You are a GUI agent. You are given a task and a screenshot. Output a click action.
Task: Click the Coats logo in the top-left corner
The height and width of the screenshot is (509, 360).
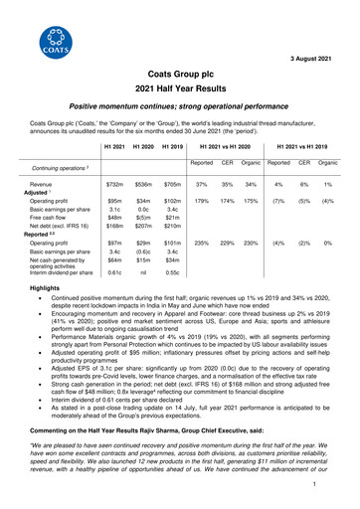[44, 43]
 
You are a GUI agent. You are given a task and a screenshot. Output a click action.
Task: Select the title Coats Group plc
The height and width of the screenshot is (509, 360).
[180, 74]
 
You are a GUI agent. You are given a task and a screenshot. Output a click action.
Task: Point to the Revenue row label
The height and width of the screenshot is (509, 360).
[41, 186]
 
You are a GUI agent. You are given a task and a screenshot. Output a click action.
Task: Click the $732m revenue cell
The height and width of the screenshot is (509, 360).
[114, 186]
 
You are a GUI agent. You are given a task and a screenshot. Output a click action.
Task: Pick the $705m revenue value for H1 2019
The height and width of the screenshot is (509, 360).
[172, 186]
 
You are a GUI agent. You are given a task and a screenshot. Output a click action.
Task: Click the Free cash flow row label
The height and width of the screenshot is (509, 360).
[48, 223]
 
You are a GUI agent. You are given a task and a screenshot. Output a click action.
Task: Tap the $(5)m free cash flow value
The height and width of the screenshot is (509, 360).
[143, 223]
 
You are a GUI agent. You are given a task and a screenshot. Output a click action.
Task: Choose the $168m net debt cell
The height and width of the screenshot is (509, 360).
[114, 232]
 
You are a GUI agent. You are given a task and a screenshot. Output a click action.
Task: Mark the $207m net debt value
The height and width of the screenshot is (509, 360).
[143, 232]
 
